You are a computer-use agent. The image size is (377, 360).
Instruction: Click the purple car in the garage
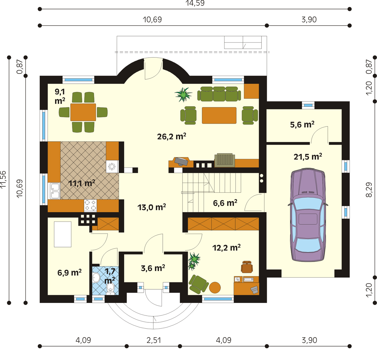pos(308,215)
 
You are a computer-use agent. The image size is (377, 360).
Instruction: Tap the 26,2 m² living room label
pos(172,136)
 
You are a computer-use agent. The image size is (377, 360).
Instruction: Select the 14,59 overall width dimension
pos(195,3)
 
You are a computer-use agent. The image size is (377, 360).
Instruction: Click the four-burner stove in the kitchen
pos(90,206)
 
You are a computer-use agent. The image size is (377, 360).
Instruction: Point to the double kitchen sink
pos(55,191)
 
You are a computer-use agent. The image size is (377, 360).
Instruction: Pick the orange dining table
pos(83,112)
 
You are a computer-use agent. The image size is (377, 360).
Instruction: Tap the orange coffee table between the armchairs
pos(219,116)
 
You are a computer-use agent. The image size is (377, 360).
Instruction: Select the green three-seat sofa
pos(219,94)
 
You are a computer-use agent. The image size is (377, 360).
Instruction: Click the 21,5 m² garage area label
pos(308,157)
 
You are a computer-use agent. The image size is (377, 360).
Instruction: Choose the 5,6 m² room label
pos(302,125)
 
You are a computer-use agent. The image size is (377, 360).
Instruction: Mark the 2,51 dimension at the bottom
pos(154,340)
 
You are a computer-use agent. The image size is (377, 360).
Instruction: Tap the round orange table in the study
pos(215,287)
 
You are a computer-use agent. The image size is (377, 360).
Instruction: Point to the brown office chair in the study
pos(247,267)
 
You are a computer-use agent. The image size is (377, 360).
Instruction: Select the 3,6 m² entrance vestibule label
pos(153,268)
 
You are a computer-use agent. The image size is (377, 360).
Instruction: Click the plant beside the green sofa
pos(183,94)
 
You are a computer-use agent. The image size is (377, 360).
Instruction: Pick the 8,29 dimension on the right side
pos(369,190)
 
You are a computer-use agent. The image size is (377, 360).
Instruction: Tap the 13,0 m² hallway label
pos(152,207)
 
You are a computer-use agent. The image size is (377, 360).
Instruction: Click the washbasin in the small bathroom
pos(96,278)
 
